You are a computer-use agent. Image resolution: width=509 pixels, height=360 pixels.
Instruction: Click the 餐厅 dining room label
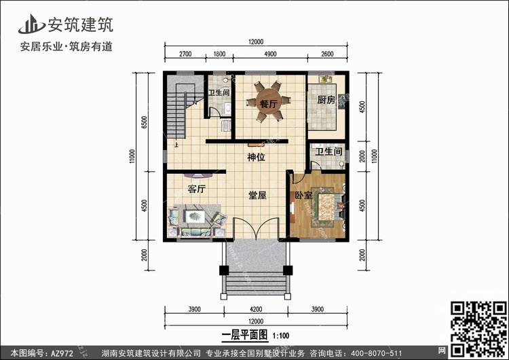pos(269,104)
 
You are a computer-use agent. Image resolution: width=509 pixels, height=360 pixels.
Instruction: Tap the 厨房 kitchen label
pos(326,99)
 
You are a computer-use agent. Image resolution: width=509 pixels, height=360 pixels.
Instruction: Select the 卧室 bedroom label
pos(303,195)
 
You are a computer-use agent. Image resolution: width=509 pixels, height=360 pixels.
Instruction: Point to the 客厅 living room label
pos(197,188)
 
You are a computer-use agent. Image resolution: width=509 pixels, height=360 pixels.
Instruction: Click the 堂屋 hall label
pos(257,195)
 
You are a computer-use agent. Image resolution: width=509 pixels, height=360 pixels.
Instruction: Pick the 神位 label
pos(256,158)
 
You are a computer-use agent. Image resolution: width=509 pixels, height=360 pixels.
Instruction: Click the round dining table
pos(269,101)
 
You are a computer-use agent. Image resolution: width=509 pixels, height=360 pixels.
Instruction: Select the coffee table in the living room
pos(195,216)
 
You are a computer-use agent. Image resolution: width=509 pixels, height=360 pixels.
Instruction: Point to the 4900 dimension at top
pos(270,54)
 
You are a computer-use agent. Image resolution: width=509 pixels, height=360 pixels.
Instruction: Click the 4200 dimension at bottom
pos(256,309)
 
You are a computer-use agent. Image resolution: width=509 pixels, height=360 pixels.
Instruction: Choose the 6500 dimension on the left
pos(145,122)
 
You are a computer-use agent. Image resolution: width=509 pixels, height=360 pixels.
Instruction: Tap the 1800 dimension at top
pos(219,54)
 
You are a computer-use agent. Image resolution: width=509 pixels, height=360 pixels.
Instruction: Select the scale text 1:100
pos(281,336)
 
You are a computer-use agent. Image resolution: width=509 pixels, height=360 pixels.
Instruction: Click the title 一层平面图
pos(245,335)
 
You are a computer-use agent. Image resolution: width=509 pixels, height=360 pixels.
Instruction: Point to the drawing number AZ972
pos(62,353)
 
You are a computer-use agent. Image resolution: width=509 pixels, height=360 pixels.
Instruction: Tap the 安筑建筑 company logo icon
pos(31,24)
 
